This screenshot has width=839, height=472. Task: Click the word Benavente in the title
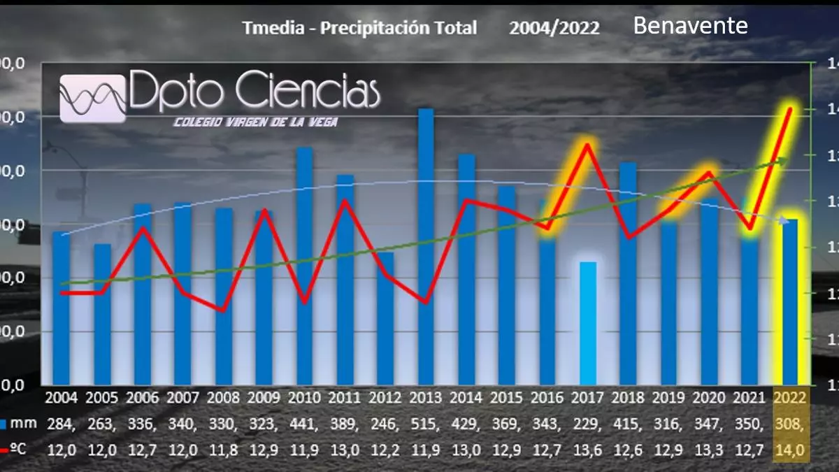point(690,26)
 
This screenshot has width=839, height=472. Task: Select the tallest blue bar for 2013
point(426,245)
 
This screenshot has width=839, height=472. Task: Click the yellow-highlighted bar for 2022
point(790,301)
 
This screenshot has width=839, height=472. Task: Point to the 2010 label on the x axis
point(304,398)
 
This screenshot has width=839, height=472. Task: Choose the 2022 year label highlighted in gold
point(790,398)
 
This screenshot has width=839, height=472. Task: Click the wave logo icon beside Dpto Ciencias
point(93,98)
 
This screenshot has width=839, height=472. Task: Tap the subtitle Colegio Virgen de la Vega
point(255,122)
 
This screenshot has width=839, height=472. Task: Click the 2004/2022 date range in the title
point(554,28)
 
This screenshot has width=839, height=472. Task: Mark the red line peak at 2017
point(588,145)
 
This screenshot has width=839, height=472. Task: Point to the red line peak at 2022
point(790,108)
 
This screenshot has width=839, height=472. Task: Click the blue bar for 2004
point(62,308)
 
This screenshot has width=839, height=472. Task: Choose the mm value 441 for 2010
point(304,424)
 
